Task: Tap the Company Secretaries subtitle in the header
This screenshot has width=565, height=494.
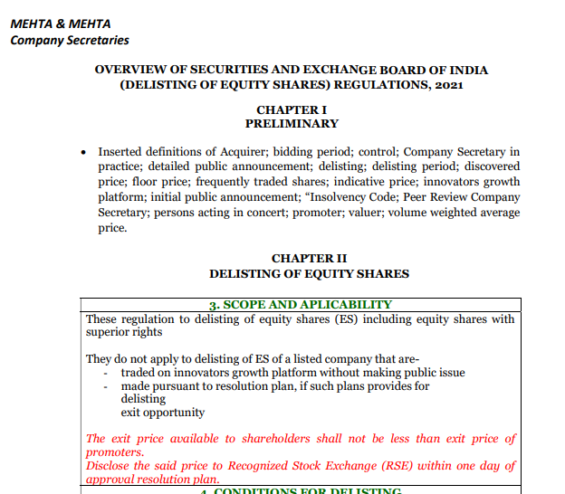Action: coord(70,40)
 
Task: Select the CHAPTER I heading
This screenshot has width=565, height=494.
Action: coord(291,109)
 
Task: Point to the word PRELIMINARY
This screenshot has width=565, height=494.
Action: coord(291,123)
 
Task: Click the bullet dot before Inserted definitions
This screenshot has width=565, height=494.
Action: coord(83,152)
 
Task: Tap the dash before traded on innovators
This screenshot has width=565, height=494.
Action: coord(107,373)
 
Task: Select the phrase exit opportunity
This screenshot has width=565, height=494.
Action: coord(163,413)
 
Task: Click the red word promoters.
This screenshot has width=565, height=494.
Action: coord(114,451)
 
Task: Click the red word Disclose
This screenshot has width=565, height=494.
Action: coord(109,466)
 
